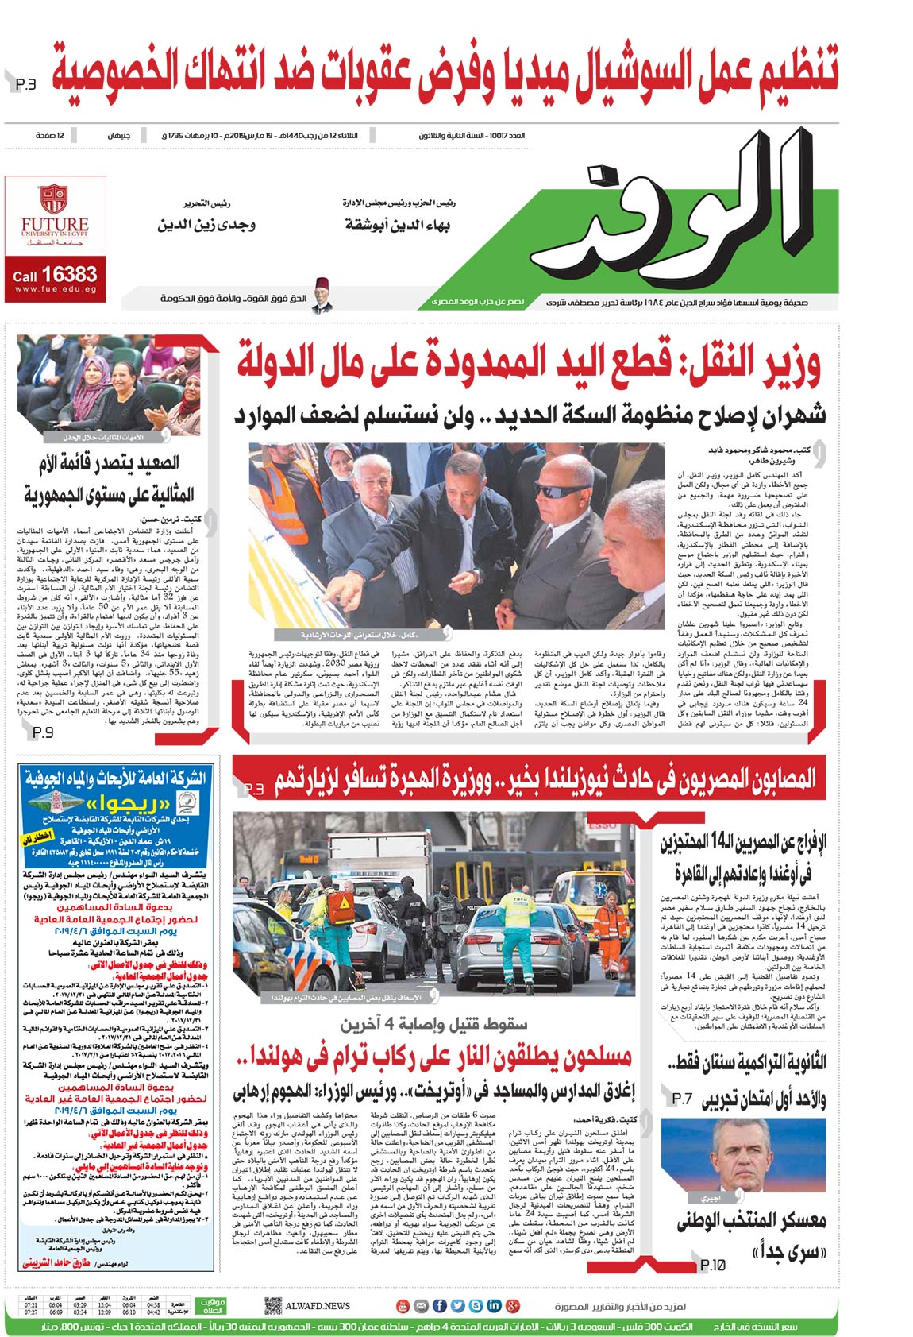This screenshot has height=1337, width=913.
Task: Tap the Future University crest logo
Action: [x=54, y=198]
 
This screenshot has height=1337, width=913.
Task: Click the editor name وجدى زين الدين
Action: [x=206, y=225]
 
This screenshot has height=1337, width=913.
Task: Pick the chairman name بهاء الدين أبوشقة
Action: [x=398, y=225]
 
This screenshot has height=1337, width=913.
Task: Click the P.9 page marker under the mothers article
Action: [x=43, y=732]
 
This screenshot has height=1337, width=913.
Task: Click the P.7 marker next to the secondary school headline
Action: [x=683, y=1099]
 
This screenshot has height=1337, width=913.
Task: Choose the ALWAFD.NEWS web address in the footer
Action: [x=318, y=1305]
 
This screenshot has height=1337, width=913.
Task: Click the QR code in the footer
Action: [x=273, y=1305]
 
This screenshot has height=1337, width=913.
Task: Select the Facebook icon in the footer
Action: [x=439, y=1305]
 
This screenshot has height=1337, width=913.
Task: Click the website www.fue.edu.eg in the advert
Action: [x=55, y=289]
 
